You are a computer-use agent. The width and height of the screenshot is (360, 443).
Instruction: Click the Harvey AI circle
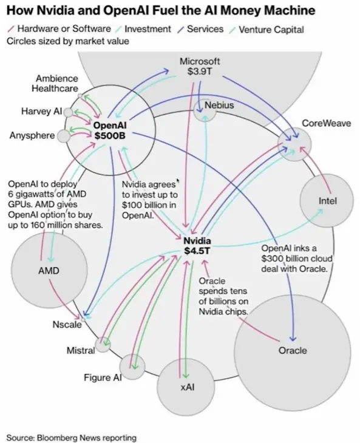[68, 112]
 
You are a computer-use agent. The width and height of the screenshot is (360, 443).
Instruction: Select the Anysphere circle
[64, 136]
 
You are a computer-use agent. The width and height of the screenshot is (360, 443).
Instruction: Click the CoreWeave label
[327, 123]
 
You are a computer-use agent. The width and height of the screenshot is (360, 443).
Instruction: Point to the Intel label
[328, 201]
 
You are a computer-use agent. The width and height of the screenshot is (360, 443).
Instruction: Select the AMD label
[49, 271]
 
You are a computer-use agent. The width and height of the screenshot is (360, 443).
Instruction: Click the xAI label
[188, 387]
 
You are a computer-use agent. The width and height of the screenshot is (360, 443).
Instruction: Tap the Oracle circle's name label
[293, 350]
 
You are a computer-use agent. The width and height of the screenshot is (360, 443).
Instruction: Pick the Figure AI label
[103, 377]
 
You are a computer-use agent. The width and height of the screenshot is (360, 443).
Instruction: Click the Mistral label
[81, 351]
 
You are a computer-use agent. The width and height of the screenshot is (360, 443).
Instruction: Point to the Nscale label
[67, 325]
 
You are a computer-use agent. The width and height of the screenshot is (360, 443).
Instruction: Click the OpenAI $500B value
[110, 135]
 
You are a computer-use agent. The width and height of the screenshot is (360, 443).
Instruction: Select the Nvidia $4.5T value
[197, 251]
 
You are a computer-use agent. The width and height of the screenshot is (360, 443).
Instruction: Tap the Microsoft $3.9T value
[200, 71]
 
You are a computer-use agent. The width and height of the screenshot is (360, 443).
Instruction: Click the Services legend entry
[201, 29]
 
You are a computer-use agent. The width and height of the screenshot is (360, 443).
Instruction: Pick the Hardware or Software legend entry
[59, 29]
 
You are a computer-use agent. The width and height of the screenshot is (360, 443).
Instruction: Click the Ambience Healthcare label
[55, 83]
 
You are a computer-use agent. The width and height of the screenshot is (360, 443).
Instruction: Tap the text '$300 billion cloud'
[297, 259]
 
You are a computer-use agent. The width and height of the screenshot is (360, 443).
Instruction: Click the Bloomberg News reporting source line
[72, 438]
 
